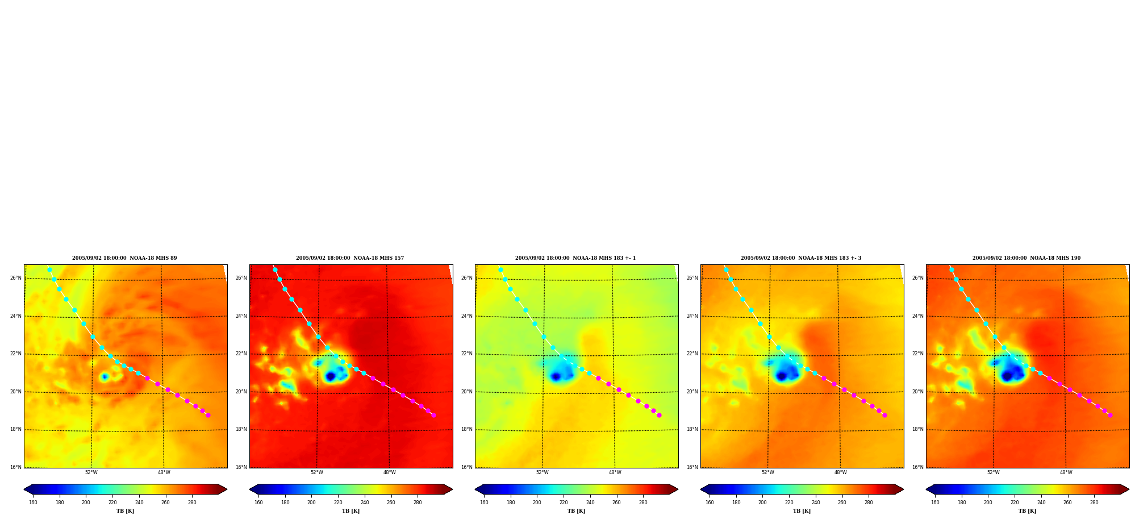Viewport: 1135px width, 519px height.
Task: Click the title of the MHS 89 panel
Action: pyautogui.click(x=124, y=258)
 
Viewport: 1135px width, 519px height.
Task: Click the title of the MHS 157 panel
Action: pyautogui.click(x=350, y=258)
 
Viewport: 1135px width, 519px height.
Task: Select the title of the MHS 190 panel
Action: pyautogui.click(x=1026, y=258)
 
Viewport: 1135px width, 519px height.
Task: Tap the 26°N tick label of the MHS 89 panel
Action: pyautogui.click(x=16, y=278)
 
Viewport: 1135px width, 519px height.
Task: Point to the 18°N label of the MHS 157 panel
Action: pyautogui.click(x=241, y=429)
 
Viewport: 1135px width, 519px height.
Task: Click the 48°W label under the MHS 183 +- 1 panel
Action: pyautogui.click(x=615, y=472)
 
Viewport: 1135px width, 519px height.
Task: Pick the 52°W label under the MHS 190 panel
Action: pyautogui.click(x=994, y=472)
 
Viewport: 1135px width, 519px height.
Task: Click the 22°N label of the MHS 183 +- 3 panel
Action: pyautogui.click(x=692, y=354)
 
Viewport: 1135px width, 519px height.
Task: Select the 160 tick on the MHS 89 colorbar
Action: pyautogui.click(x=33, y=503)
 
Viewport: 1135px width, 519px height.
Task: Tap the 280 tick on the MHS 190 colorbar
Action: pyautogui.click(x=1094, y=503)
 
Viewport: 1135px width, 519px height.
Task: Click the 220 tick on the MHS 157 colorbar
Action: pyautogui.click(x=338, y=503)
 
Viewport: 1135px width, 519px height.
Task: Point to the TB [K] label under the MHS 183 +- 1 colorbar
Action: pyautogui.click(x=576, y=511)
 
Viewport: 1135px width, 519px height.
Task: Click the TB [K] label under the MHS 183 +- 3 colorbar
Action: pyautogui.click(x=802, y=511)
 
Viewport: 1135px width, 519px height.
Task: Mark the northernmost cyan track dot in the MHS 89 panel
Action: pyautogui.click(x=49, y=270)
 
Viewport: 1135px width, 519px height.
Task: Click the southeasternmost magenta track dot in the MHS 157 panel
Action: pyautogui.click(x=433, y=415)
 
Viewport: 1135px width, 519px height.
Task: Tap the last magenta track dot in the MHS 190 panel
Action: pyautogui.click(x=1110, y=415)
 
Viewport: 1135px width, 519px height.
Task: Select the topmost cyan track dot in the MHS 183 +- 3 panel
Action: pyautogui.click(x=726, y=270)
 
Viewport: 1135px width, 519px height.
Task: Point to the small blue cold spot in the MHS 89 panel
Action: pyautogui.click(x=104, y=376)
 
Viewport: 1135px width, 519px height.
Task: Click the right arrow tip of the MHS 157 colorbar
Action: pyautogui.click(x=453, y=489)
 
